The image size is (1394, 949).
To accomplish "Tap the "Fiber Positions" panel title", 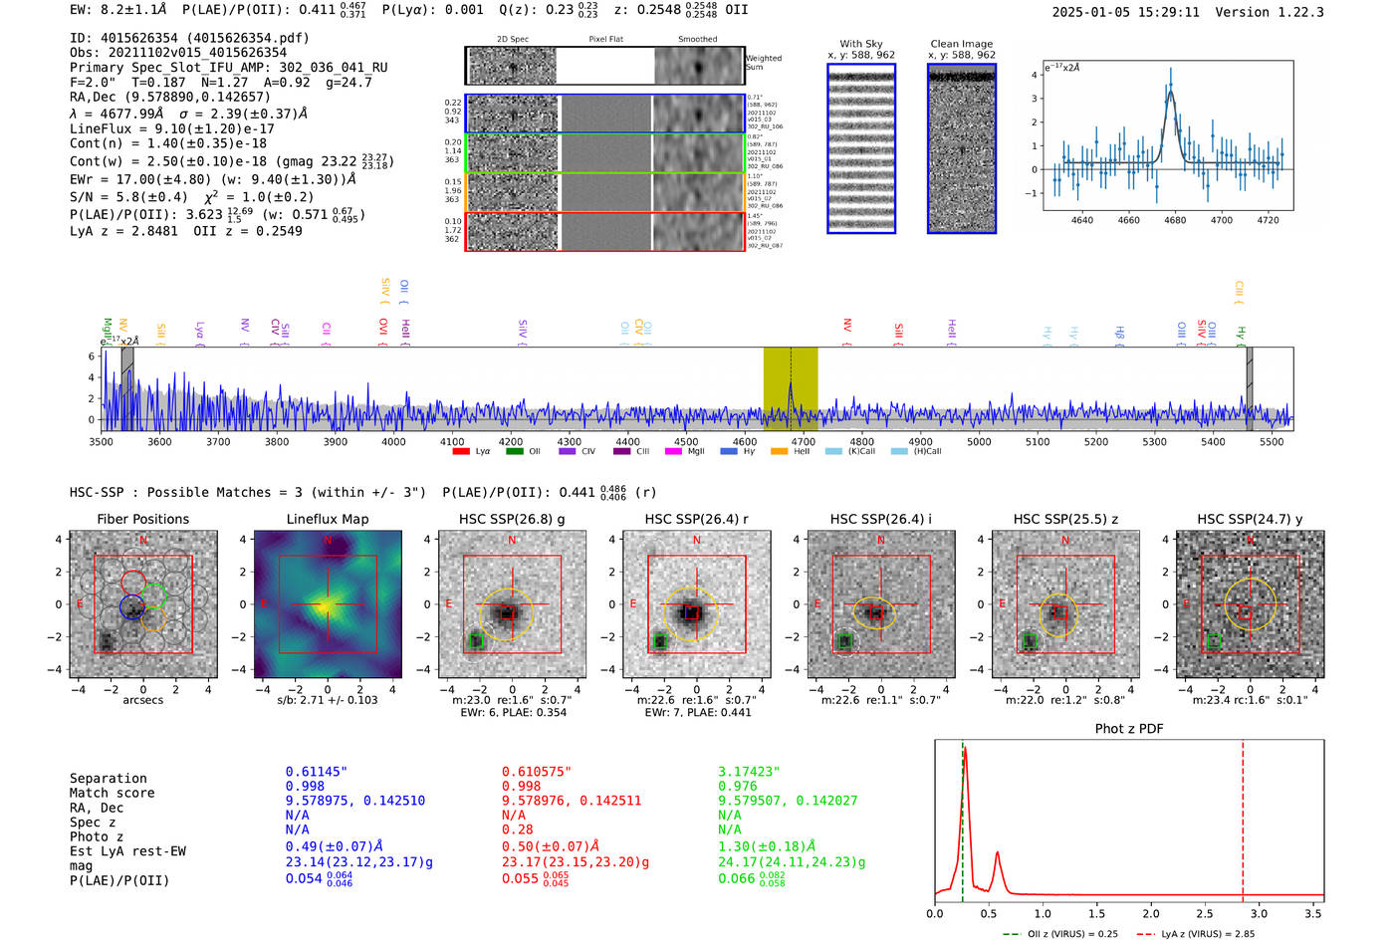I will pyautogui.click(x=142, y=519).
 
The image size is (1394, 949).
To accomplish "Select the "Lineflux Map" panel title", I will pyautogui.click(x=327, y=519).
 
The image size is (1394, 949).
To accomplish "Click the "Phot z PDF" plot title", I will pyautogui.click(x=1128, y=729).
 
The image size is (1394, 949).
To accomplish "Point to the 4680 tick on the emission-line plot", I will pyautogui.click(x=1175, y=220).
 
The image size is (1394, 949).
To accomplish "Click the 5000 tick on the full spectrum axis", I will pyautogui.click(x=979, y=442).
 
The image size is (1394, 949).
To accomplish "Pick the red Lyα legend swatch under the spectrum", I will pyautogui.click(x=461, y=452).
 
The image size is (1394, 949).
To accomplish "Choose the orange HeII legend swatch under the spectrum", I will pyautogui.click(x=779, y=452).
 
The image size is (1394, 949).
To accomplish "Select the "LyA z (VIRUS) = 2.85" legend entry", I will pyautogui.click(x=1195, y=934).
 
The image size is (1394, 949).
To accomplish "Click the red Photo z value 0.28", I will pyautogui.click(x=517, y=830).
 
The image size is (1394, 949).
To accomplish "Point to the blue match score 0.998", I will pyautogui.click(x=305, y=787).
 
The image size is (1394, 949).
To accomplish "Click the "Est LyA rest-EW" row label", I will pyautogui.click(x=127, y=851).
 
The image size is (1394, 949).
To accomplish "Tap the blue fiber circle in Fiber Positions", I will pyautogui.click(x=131, y=605).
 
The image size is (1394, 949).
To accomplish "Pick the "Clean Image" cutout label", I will pyautogui.click(x=961, y=44).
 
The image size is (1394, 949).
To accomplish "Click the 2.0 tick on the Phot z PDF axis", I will pyautogui.click(x=1150, y=913).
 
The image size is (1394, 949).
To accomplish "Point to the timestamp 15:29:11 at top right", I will pyautogui.click(x=1165, y=12).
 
